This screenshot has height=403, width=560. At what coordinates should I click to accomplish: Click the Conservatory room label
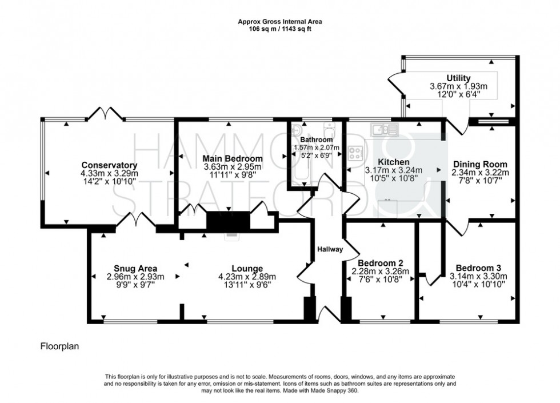tap(106, 165)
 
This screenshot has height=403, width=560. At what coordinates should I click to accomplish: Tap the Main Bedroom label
tap(233, 158)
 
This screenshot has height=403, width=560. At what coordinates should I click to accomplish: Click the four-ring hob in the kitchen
tap(356, 153)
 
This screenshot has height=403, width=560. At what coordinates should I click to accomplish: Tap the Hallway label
tap(330, 249)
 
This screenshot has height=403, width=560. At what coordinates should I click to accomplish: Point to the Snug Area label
tap(135, 268)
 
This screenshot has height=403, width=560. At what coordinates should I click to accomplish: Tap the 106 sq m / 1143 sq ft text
tap(280, 29)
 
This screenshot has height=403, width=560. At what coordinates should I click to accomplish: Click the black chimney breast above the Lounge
tap(229, 221)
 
